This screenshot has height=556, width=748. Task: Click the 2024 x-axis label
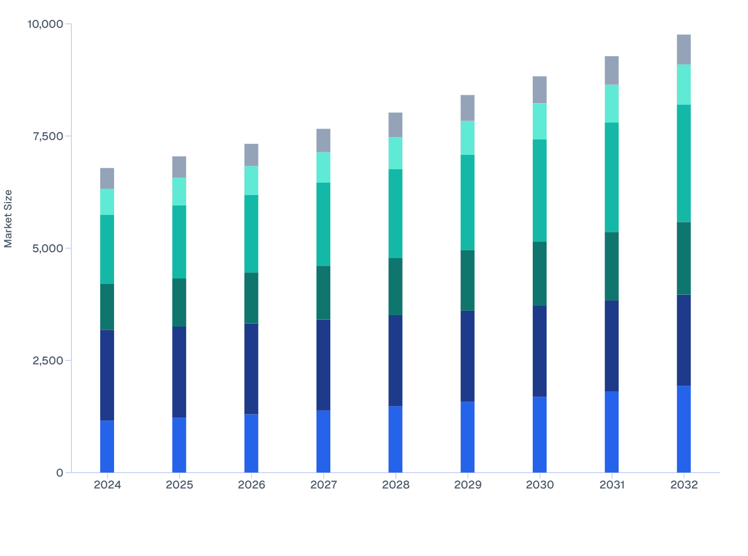tap(107, 485)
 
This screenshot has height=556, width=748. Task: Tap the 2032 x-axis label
tap(684, 485)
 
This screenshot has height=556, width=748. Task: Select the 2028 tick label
tap(396, 485)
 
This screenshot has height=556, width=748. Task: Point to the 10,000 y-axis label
tap(45, 24)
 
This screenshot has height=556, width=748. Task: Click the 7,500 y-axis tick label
tap(48, 137)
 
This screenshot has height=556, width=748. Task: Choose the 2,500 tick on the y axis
tap(48, 360)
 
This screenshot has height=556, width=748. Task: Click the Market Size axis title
tap(8, 218)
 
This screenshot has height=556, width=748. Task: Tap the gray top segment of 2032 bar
tap(684, 49)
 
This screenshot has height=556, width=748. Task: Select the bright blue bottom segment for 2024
tap(107, 446)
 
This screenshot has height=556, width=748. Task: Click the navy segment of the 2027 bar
tap(323, 364)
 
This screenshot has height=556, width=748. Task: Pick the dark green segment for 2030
tap(540, 274)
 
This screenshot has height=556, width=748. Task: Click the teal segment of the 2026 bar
tap(251, 234)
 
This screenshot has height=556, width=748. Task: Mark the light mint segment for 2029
tap(468, 138)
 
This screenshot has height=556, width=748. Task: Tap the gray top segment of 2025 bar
tap(179, 167)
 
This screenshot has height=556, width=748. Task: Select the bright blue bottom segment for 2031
tap(612, 432)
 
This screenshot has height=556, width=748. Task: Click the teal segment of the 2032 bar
tap(684, 163)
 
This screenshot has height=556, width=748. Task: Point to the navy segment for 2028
tap(395, 360)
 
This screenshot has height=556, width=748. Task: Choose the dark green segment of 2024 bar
tap(107, 307)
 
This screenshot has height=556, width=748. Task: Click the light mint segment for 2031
tap(612, 104)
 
